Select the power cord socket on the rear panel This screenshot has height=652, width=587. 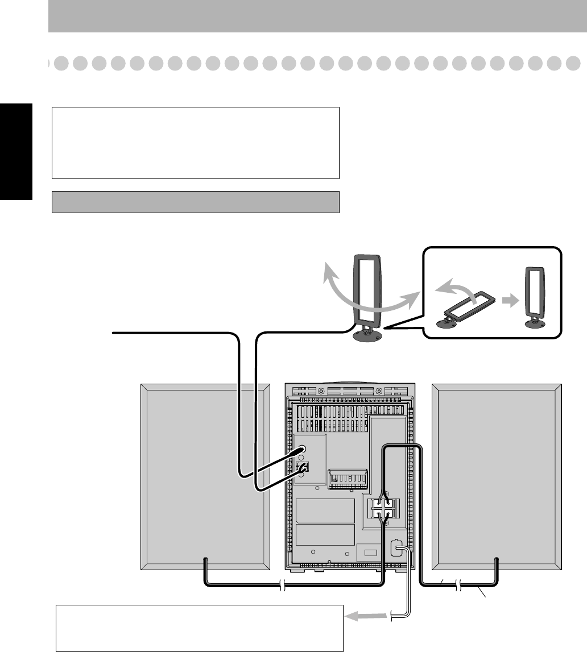coord(396,548)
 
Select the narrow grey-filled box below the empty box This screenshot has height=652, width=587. coord(195,202)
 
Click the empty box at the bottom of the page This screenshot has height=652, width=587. coord(200,628)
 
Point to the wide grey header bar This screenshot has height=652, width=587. coord(317,16)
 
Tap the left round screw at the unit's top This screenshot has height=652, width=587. coord(321,392)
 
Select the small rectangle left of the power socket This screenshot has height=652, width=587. coord(370,552)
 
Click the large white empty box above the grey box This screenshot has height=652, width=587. coord(195,142)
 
